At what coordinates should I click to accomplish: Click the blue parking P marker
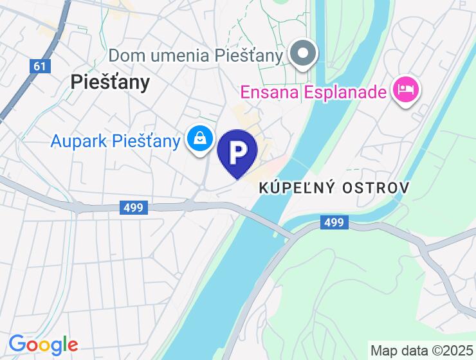[237, 152]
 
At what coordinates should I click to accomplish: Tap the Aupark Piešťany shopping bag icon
[201, 138]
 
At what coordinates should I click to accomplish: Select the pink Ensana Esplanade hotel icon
[407, 89]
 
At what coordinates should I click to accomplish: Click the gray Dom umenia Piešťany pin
[302, 53]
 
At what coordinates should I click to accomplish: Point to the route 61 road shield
[39, 66]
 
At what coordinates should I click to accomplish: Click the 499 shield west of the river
[134, 207]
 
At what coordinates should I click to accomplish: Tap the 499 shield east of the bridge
[334, 222]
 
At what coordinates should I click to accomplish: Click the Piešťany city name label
[110, 82]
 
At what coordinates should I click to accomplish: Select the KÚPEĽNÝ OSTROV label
[334, 188]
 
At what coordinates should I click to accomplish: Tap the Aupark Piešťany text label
[115, 140]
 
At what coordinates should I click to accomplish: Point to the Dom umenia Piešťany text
[196, 56]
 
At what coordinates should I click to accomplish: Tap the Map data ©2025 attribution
[421, 351]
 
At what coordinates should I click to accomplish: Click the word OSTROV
[378, 188]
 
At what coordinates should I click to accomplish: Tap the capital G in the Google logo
[18, 345]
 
